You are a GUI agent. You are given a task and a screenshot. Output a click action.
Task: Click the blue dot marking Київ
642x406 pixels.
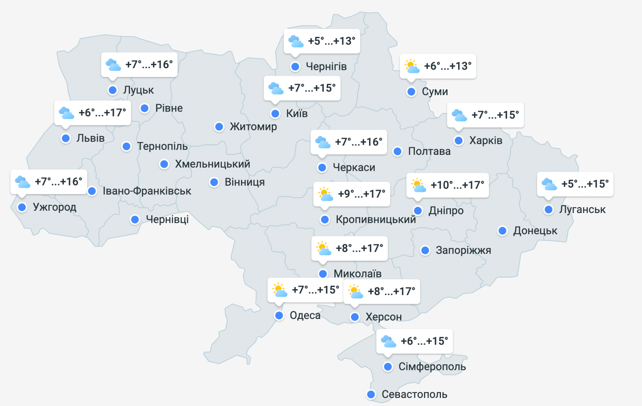pyautogui.click(x=275, y=114)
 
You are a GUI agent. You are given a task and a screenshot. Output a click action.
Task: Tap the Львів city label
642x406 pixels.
pyautogui.click(x=90, y=139)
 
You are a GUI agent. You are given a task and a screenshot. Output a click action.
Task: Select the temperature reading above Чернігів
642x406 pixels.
pyautogui.click(x=332, y=41)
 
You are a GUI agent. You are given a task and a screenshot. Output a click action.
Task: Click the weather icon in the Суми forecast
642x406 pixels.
pyautogui.click(x=412, y=67)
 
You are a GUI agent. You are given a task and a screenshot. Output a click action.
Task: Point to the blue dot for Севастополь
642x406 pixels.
pyautogui.click(x=371, y=394)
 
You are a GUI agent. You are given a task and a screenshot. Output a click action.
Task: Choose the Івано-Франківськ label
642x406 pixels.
pyautogui.click(x=147, y=191)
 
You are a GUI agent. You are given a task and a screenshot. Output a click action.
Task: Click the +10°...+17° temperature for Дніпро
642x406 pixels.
pyautogui.click(x=457, y=185)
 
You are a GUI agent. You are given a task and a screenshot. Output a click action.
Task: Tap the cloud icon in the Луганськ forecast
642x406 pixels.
pyautogui.click(x=549, y=184)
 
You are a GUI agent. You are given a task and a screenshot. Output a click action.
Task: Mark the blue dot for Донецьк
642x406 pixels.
pyautogui.click(x=503, y=231)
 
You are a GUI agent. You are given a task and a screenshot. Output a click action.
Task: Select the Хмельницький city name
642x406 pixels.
pyautogui.click(x=212, y=164)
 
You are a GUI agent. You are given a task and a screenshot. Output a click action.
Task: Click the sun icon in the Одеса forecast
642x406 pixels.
pyautogui.click(x=279, y=290)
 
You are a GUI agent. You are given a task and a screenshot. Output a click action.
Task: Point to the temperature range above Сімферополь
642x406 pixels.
pyautogui.click(x=424, y=341)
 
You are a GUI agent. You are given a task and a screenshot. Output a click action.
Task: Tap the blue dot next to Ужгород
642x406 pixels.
pyautogui.click(x=22, y=207)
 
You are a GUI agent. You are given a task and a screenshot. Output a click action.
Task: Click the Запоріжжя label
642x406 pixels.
pyautogui.click(x=464, y=250)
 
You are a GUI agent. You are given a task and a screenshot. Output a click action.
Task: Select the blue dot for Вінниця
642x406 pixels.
pyautogui.click(x=214, y=182)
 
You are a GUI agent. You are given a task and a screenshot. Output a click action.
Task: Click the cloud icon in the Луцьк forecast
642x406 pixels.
pyautogui.click(x=113, y=65)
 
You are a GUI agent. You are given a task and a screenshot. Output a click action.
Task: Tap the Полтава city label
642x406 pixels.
pyautogui.click(x=429, y=152)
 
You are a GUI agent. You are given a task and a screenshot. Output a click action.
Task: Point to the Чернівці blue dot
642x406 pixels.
pyautogui.click(x=135, y=219)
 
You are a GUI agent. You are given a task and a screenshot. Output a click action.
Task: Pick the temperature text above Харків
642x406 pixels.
pyautogui.click(x=495, y=115)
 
